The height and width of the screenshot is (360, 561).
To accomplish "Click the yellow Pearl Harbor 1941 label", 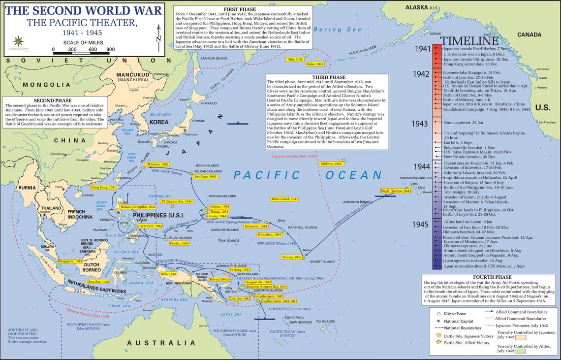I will tap(396, 191).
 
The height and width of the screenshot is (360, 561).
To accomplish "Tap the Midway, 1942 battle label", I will tap(331, 164).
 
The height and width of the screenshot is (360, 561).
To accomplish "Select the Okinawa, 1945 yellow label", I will tap(157, 164).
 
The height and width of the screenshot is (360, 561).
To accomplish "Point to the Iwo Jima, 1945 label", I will tap(205, 176).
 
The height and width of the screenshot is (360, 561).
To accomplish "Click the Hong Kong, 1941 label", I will tap(104, 187).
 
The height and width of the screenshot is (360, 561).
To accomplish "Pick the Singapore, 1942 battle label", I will tap(70, 261).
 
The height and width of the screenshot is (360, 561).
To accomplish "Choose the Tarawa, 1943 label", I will tap(291, 258).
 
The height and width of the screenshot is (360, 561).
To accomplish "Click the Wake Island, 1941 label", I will tap(284, 199).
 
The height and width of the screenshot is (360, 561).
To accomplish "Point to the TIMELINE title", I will tap(469, 41).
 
